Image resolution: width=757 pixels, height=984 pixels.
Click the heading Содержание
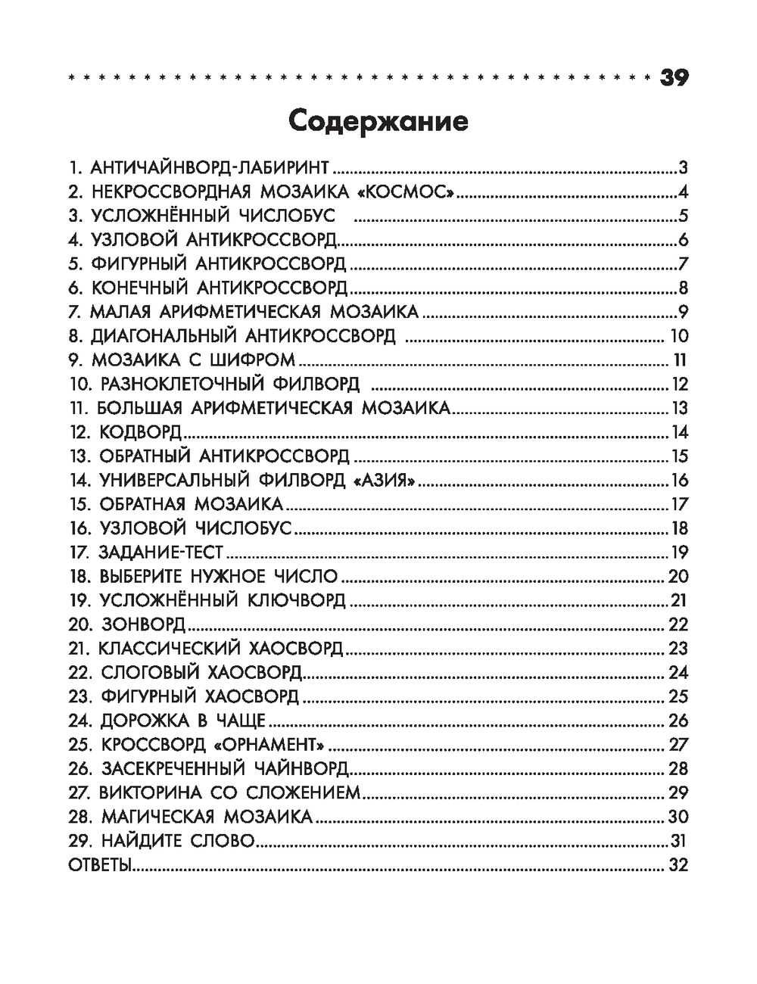point(378,121)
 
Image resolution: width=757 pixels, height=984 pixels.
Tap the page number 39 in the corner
point(674,78)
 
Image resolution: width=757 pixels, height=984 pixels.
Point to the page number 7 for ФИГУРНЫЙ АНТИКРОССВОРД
point(683,264)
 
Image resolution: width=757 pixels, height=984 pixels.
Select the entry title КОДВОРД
point(140,432)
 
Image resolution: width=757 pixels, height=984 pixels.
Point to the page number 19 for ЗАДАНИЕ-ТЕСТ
point(678,553)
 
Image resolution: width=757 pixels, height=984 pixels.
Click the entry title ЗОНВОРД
point(142,624)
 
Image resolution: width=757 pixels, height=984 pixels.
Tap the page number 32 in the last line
point(678,865)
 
